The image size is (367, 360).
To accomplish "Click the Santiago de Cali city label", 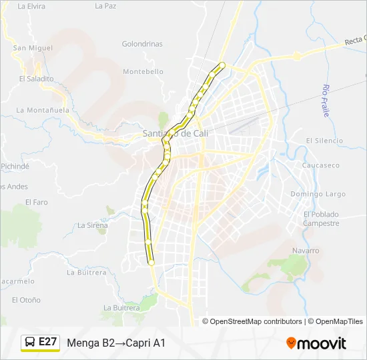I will click(x=176, y=133).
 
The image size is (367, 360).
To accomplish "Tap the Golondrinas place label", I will click(x=142, y=44).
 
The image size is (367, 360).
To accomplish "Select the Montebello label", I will click(x=139, y=71).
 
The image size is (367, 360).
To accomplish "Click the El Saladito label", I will click(x=36, y=78).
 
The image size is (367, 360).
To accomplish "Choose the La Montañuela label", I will click(x=43, y=110).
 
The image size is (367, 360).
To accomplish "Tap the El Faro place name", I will click(x=37, y=202).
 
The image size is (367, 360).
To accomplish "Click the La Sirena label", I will click(x=93, y=225).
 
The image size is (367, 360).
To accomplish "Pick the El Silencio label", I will click(x=324, y=141).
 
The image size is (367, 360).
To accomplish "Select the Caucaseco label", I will click(x=321, y=165).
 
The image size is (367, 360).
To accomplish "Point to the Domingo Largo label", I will click(x=318, y=194).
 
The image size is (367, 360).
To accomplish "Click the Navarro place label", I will click(x=306, y=251).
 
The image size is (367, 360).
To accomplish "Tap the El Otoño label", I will click(x=26, y=300).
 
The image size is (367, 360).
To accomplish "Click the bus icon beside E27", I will click(x=30, y=343).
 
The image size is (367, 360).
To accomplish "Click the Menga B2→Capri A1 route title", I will click(x=116, y=343).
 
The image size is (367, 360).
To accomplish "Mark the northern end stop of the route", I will click(x=222, y=65).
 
